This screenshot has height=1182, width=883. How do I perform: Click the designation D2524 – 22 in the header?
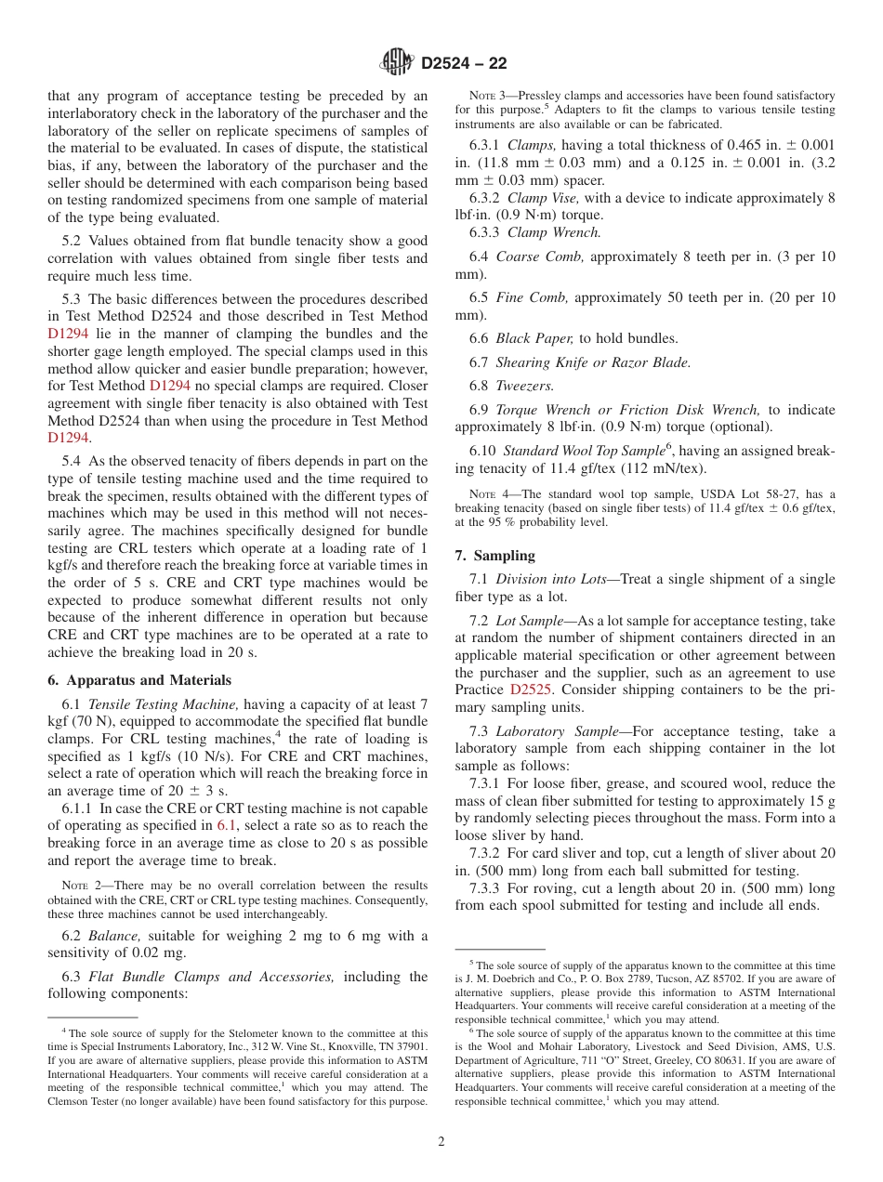point(464,64)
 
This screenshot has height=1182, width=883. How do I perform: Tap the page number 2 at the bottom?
point(441,1142)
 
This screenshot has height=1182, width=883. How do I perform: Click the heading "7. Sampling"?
point(494,555)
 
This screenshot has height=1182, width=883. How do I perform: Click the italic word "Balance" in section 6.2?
point(114,936)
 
